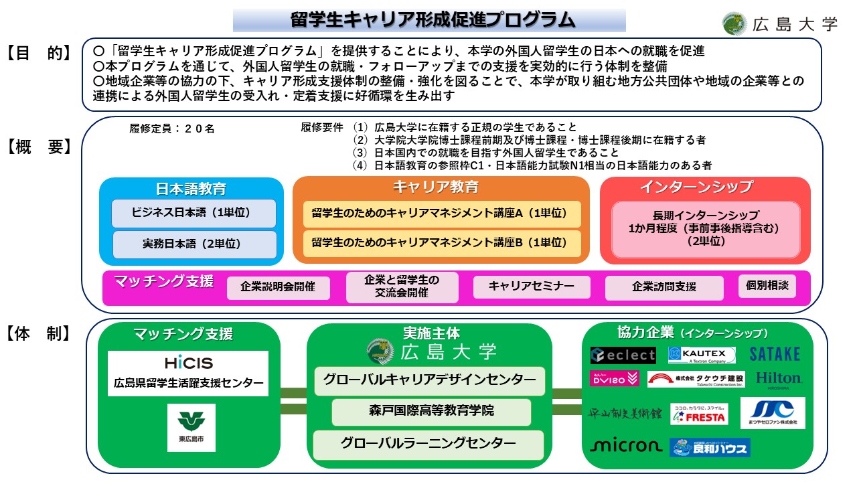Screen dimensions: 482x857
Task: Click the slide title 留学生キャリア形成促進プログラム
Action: tap(429, 20)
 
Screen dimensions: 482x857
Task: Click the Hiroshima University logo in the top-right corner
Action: tap(780, 24)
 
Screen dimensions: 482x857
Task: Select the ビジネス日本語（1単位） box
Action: tap(194, 213)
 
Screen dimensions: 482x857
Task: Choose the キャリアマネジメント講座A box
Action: tap(441, 214)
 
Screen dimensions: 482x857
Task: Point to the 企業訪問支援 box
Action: tap(664, 287)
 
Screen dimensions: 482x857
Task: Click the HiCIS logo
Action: tap(188, 364)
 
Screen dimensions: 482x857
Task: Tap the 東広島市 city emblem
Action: tap(191, 427)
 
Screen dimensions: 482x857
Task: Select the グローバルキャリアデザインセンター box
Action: tap(430, 380)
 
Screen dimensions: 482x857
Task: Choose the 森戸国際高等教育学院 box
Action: tap(431, 411)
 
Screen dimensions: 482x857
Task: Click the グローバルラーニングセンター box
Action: tap(428, 443)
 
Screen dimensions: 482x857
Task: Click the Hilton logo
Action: tap(779, 380)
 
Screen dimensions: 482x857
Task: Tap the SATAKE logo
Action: tap(775, 353)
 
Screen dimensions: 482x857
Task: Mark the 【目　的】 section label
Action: tap(40, 54)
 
